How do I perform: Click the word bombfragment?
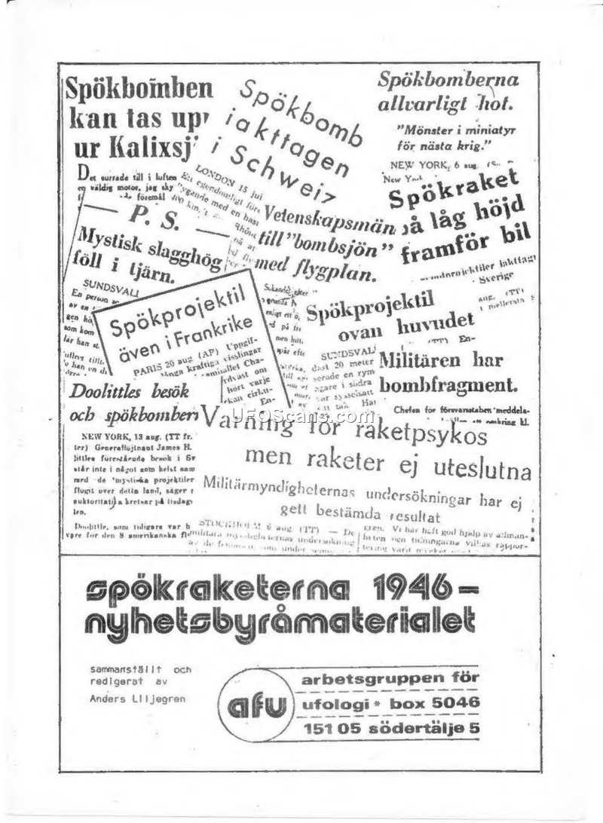click(448, 386)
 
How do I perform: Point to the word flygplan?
click(336, 274)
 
